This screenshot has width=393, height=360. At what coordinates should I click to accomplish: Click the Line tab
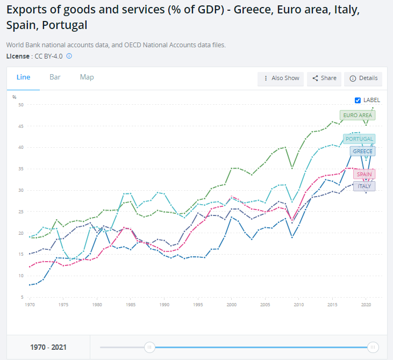pos(23,77)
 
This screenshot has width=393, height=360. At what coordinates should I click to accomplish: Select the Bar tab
pos(55,77)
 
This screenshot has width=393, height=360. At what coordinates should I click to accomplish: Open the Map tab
pos(87,77)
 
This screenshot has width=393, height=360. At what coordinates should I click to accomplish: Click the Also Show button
pos(281,78)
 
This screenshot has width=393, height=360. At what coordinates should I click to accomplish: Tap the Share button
pos(324,78)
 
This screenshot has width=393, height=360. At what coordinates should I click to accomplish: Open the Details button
pos(363,78)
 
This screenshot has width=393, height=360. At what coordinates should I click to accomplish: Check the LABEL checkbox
pos(358,100)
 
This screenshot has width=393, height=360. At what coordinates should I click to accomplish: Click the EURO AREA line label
pos(357,115)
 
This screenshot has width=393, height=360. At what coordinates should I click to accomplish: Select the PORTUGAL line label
pos(359,139)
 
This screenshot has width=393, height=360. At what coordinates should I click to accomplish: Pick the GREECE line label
pos(362,151)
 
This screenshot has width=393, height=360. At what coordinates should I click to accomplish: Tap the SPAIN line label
pos(364,174)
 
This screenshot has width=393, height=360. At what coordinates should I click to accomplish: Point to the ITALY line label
pos(364,186)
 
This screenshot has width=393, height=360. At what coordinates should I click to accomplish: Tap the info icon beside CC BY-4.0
pos(69,56)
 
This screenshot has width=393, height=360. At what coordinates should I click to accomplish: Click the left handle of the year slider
pos(150,348)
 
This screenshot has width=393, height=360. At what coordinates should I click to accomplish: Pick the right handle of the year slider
pos(373,348)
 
